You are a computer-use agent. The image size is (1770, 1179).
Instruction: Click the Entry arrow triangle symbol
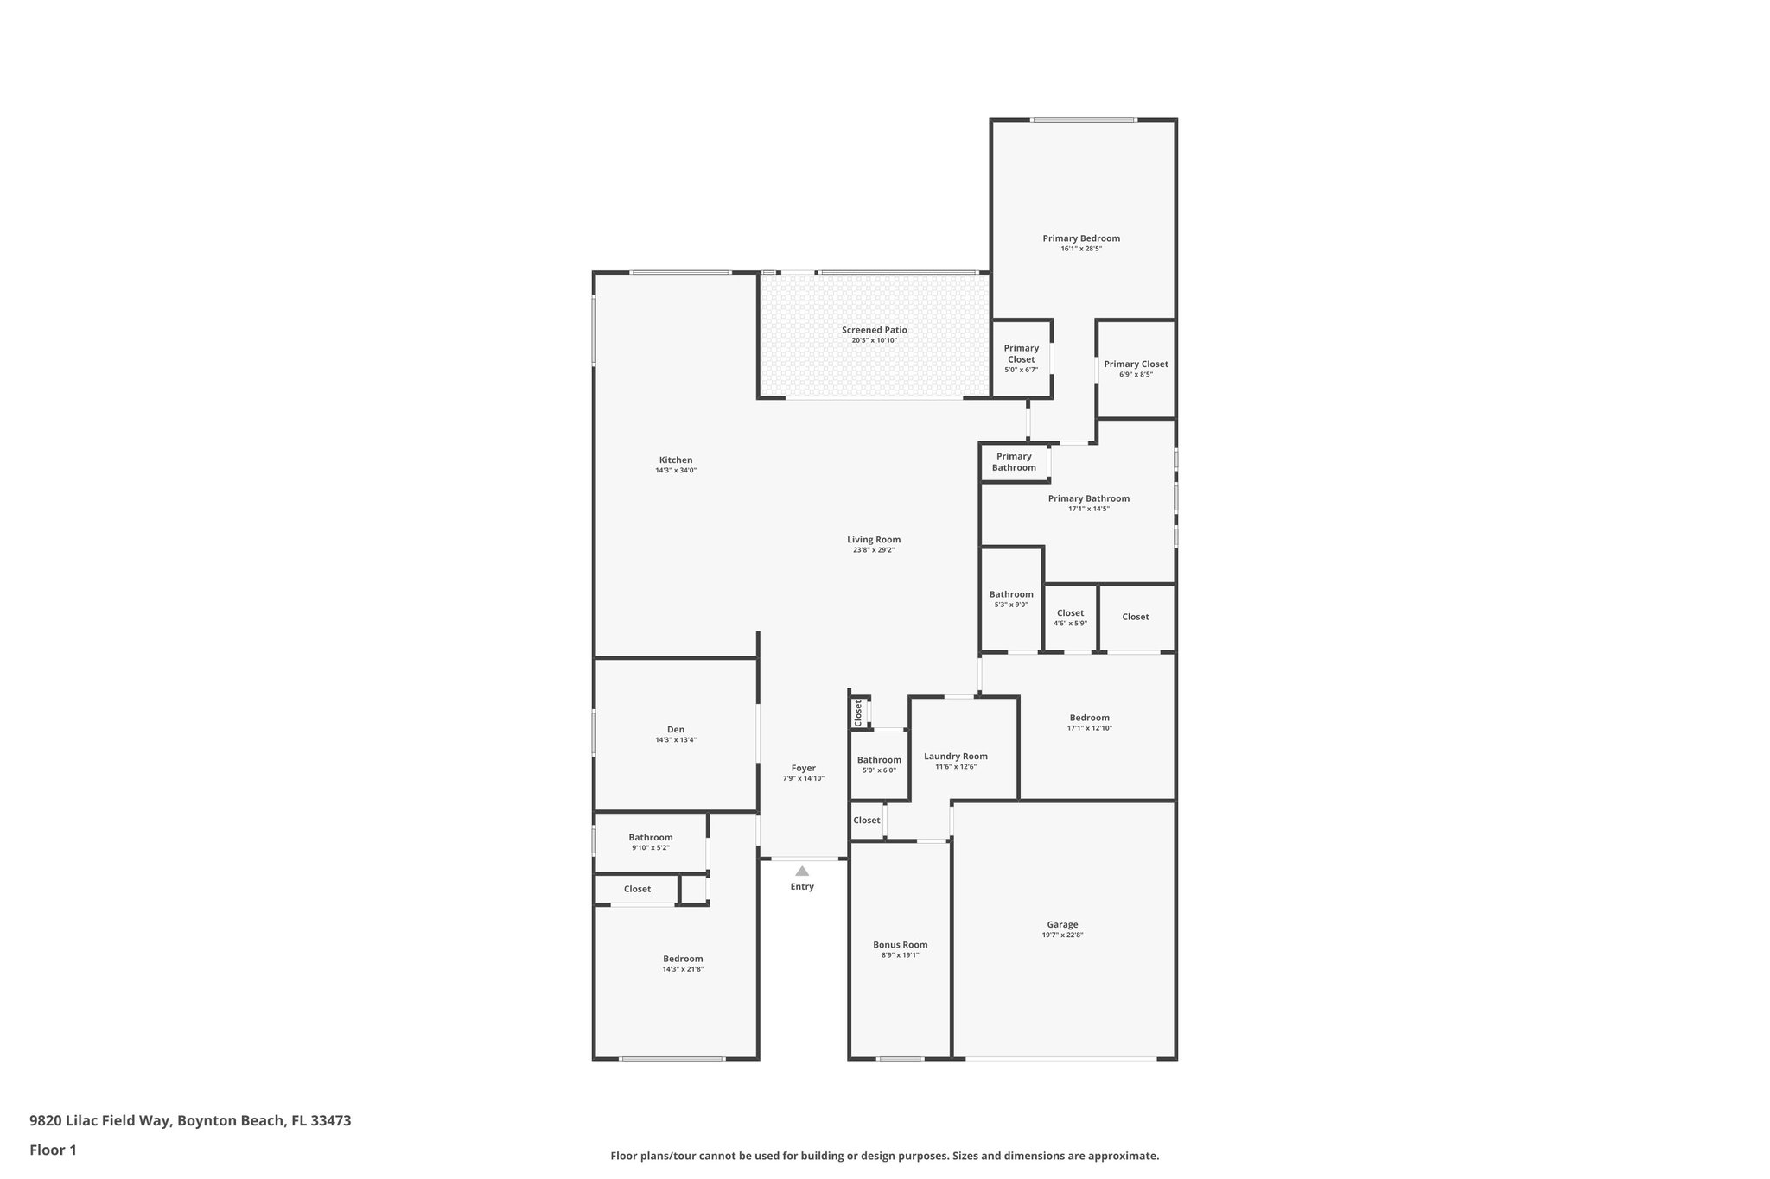(x=802, y=871)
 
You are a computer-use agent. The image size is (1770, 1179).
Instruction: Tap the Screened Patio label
(x=874, y=330)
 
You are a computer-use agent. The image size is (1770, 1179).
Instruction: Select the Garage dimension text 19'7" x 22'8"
(x=1062, y=935)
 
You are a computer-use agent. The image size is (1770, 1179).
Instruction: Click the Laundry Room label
(x=955, y=756)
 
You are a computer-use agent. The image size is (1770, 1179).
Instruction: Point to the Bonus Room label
(x=900, y=944)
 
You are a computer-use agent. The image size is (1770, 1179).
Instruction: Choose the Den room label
(x=675, y=729)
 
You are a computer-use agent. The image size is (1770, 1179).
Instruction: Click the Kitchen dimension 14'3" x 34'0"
(x=675, y=471)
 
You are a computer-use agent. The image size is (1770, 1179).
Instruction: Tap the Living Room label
(x=873, y=539)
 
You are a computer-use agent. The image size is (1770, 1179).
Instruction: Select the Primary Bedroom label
(x=1080, y=238)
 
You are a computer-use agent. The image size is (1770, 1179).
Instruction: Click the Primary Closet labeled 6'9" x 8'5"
(x=1136, y=364)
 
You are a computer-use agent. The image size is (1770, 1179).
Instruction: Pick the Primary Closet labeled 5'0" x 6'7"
(x=1021, y=353)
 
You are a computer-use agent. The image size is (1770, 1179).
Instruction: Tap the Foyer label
(x=803, y=768)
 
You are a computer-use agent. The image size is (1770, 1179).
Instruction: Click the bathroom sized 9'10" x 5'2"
(x=650, y=837)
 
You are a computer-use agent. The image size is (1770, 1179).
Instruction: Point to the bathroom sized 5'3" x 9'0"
(x=1010, y=594)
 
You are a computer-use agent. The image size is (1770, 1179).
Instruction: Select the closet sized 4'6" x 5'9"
(x=1070, y=612)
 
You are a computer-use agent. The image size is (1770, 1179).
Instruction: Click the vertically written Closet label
(x=858, y=713)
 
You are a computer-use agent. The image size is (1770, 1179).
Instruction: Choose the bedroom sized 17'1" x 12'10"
(x=1089, y=718)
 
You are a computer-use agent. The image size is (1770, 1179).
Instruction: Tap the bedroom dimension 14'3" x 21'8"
(x=683, y=969)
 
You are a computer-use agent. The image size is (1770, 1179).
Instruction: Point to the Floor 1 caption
(x=53, y=1150)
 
